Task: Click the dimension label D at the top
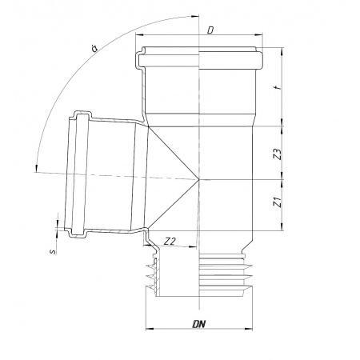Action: (x=210, y=30)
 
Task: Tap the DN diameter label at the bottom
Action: (x=198, y=324)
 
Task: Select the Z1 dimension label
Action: (x=278, y=202)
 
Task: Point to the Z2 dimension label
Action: (x=170, y=242)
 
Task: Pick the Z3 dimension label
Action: (x=278, y=154)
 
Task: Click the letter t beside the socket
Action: (x=278, y=87)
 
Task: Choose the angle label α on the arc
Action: (x=94, y=48)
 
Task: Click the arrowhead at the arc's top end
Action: (x=195, y=17)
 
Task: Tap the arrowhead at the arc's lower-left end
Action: (x=36, y=168)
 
